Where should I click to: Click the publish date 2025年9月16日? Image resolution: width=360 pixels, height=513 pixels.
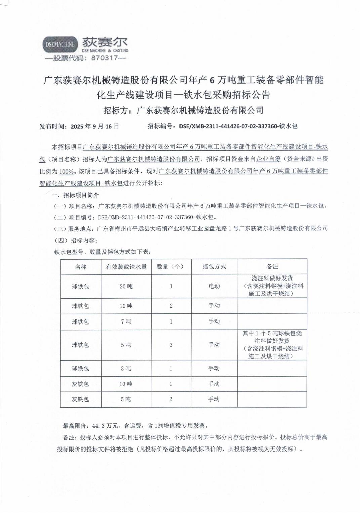95,126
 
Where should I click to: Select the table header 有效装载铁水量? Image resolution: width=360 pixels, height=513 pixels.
126,267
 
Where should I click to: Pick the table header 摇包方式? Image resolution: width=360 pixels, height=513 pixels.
214,267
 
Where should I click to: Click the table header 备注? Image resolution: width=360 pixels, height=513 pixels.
272,267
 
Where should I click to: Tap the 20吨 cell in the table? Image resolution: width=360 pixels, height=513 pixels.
126,286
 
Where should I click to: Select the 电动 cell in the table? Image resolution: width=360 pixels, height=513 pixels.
214,286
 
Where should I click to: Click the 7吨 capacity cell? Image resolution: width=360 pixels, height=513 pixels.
126,322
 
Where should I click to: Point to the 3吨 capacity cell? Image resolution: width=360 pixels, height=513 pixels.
126,368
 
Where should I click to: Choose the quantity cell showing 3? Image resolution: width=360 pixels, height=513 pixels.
171,345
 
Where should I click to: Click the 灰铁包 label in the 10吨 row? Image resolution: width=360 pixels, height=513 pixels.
81,384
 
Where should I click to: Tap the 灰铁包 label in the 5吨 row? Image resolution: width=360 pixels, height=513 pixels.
81,399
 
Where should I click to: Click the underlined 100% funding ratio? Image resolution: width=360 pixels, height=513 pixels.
66,171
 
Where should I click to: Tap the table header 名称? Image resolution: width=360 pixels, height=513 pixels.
81,267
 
